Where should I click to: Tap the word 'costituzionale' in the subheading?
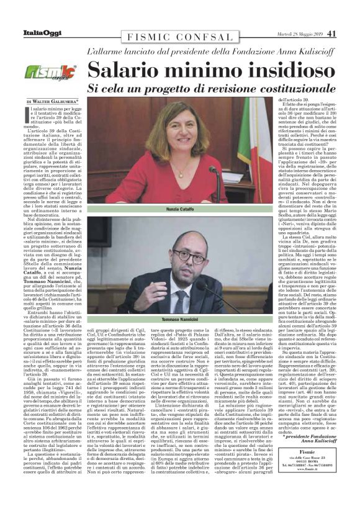point(282,88)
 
